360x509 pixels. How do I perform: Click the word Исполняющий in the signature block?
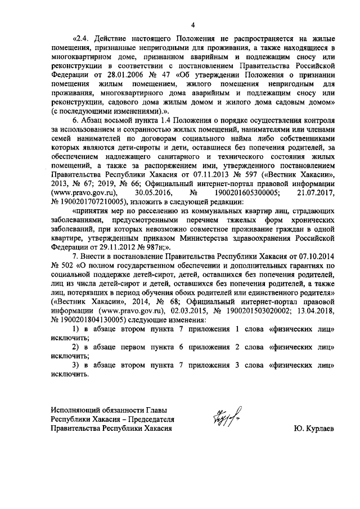point(75,411)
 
